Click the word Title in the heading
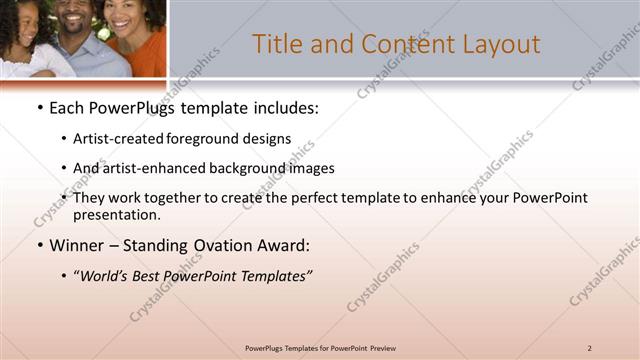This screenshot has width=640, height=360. click(x=276, y=44)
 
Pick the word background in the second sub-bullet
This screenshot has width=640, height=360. click(x=251, y=168)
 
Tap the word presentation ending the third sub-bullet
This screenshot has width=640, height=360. click(x=115, y=214)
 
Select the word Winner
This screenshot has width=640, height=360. click(x=76, y=244)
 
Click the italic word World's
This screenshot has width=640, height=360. click(x=105, y=275)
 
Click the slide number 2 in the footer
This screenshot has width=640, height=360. click(x=590, y=347)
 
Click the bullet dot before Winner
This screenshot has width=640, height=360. click(x=39, y=245)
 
